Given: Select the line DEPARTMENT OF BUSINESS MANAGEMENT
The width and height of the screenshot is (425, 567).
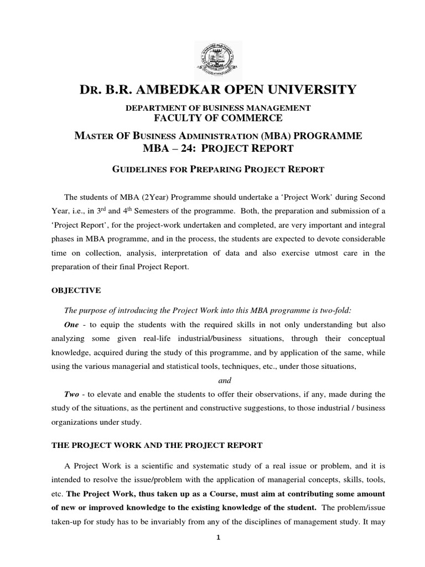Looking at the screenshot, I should pos(212,107).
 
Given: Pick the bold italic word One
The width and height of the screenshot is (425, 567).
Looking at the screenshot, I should pos(72,324).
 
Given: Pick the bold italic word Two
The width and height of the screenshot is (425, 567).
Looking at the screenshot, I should pos(72,395).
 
